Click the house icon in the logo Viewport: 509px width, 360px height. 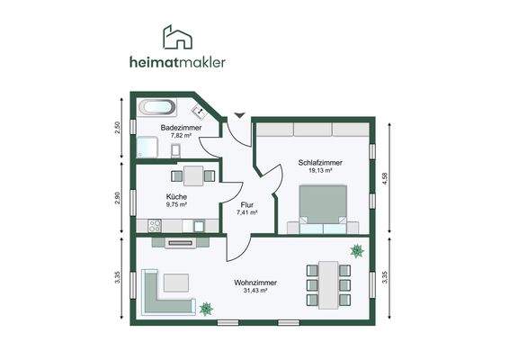click(x=175, y=37)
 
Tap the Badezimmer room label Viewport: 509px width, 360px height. click(x=180, y=128)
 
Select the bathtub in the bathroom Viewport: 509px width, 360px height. click(x=156, y=106)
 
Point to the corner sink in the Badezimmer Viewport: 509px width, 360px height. click(x=201, y=112)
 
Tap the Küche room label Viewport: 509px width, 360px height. click(x=176, y=196)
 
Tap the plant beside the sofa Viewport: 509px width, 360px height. click(x=206, y=309)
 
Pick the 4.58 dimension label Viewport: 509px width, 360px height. click(x=387, y=178)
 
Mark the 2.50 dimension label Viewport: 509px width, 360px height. click(x=118, y=127)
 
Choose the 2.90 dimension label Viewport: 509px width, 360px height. click(x=118, y=198)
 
